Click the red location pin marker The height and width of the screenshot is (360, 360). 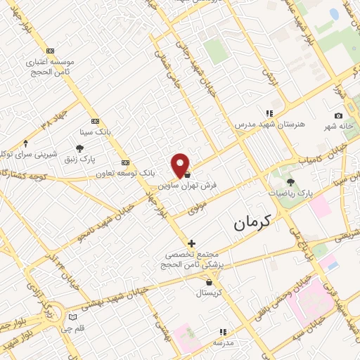coord(180,165)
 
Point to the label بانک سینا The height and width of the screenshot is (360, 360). coord(96,131)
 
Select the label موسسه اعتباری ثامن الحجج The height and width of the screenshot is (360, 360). coord(49,67)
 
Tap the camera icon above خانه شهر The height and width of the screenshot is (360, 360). coord(339,115)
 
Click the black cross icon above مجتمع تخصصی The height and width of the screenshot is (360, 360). coord(191,243)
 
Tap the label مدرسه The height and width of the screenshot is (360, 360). coord(223,342)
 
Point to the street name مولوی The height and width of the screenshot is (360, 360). coord(199,208)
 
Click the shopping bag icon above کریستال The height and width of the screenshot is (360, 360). coord(209,282)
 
